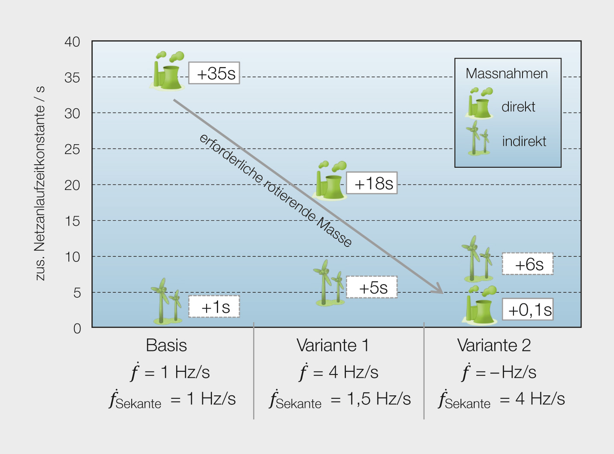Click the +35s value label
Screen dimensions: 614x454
(x=214, y=73)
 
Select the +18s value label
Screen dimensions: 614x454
(x=372, y=183)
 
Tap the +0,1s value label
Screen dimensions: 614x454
(x=528, y=309)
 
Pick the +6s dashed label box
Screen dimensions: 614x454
(x=528, y=264)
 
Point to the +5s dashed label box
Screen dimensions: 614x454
(x=372, y=287)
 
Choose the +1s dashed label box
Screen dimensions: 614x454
(x=214, y=306)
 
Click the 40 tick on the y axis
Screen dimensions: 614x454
(x=72, y=42)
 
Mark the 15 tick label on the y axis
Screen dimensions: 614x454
(x=72, y=221)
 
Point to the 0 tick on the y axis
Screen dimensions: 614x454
(x=77, y=329)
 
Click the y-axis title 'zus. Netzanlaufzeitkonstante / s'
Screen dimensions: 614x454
(x=40, y=183)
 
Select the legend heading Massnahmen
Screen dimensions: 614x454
(x=507, y=74)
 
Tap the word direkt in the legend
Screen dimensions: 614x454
(x=518, y=107)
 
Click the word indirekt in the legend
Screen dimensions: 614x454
(x=524, y=141)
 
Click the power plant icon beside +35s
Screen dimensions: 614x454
(x=167, y=71)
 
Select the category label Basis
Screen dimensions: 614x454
(x=166, y=345)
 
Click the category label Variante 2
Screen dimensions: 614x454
(x=494, y=345)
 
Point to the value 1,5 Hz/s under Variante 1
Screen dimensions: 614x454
(x=379, y=399)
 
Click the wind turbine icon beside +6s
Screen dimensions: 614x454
(x=477, y=258)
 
